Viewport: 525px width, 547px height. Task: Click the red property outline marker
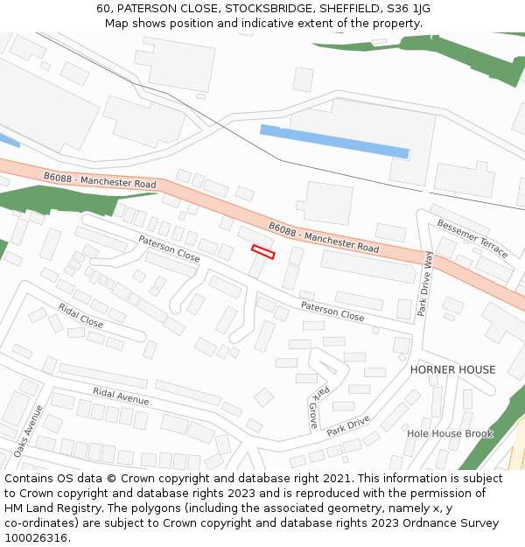(263, 252)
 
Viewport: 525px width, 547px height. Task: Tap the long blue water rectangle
(334, 142)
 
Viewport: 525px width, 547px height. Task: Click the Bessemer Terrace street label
(472, 237)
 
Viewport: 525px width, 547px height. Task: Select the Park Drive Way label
(425, 283)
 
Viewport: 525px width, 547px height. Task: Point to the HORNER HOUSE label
(452, 370)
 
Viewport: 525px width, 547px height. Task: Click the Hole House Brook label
(450, 433)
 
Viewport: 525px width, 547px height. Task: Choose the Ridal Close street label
(80, 315)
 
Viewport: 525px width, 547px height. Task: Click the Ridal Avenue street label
(121, 396)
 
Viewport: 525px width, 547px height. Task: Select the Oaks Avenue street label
(28, 431)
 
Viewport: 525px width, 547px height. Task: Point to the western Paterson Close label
(169, 249)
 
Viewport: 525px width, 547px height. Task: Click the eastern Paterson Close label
(332, 311)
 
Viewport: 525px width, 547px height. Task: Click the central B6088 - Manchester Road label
(324, 237)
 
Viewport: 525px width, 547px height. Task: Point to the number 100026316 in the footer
(35, 537)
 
